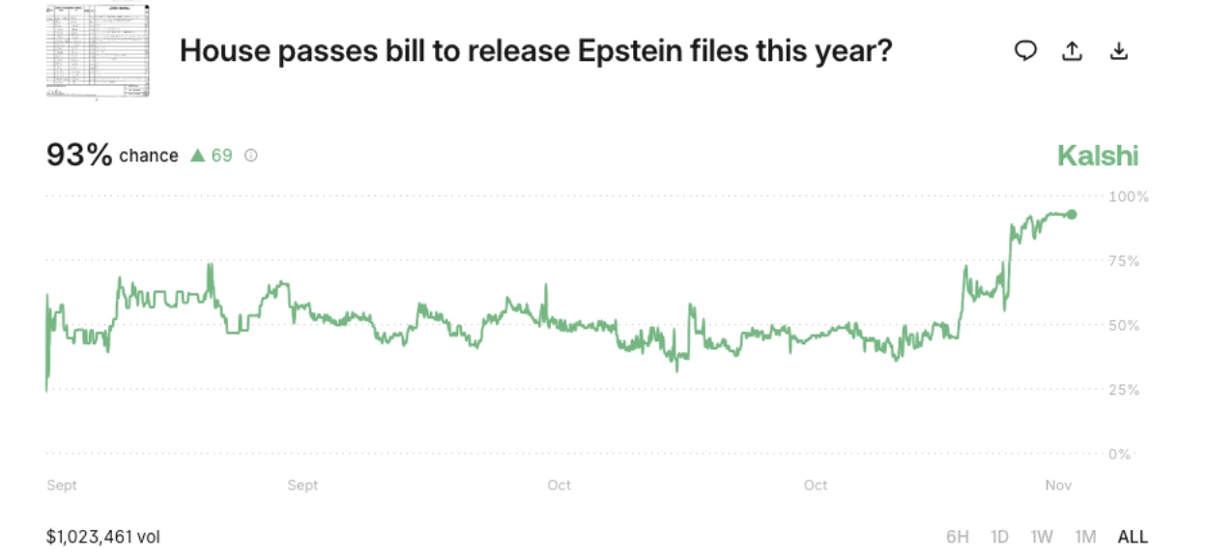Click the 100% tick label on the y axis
[1129, 196]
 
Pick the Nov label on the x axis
[1059, 484]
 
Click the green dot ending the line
[1071, 215]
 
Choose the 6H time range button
[958, 537]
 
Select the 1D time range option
[1000, 537]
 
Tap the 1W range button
[1042, 537]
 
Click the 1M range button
[1084, 537]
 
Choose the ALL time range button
[1133, 537]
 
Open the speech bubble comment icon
[1025, 51]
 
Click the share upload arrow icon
[1072, 51]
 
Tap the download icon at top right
[1118, 51]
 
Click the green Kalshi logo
[1098, 156]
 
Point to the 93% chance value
[79, 155]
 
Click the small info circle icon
[251, 155]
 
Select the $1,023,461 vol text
[102, 537]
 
